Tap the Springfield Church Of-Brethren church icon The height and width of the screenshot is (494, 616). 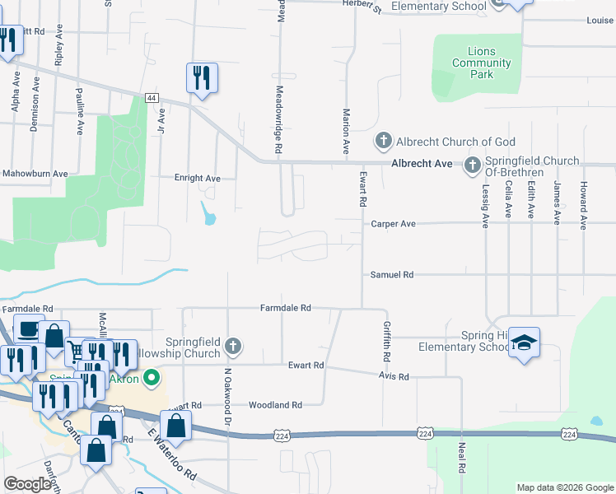point(473,166)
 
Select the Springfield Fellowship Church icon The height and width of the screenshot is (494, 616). point(234,347)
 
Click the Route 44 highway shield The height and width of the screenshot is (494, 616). point(152,97)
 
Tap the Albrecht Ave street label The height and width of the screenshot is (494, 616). point(422,164)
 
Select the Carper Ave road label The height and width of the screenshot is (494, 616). point(394,223)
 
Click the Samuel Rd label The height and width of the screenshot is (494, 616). point(391,275)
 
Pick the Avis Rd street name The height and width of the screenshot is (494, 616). point(393,376)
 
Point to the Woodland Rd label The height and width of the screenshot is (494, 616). point(276,405)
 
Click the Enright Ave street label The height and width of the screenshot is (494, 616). point(198,178)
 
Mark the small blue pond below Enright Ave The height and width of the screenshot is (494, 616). point(209,215)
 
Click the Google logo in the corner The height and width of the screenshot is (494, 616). point(27,484)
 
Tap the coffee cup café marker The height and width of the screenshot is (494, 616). point(29,329)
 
